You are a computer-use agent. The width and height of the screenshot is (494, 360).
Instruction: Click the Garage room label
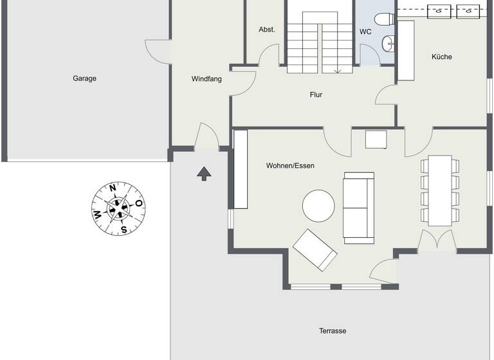pyautogui.click(x=84, y=78)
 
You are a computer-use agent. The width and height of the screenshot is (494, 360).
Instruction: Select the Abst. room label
pyautogui.click(x=267, y=30)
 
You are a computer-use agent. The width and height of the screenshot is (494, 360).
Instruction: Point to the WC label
pyautogui.click(x=365, y=31)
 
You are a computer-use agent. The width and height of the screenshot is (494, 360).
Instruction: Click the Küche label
pyautogui.click(x=442, y=57)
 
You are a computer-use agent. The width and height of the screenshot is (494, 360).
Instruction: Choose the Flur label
pyautogui.click(x=316, y=94)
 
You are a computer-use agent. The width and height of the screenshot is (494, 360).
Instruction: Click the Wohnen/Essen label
pyautogui.click(x=290, y=166)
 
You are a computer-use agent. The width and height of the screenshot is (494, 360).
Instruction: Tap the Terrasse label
pyautogui.click(x=333, y=331)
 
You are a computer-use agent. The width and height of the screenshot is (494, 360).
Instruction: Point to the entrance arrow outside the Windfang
pyautogui.click(x=204, y=173)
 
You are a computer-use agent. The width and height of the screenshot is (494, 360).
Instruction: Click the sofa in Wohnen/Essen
pyautogui.click(x=358, y=207)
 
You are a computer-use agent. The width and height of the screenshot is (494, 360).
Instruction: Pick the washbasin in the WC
pyautogui.click(x=388, y=44)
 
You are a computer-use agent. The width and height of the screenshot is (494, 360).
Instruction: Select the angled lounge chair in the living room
pyautogui.click(x=315, y=250)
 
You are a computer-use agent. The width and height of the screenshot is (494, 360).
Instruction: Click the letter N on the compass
pyautogui.click(x=113, y=188)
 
